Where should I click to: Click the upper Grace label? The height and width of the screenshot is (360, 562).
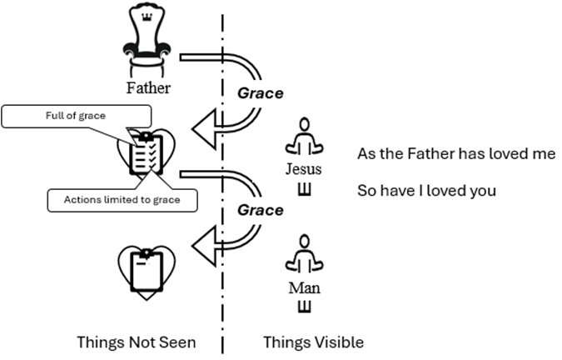pyautogui.click(x=261, y=93)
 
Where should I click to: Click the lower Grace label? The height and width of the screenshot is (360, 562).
pyautogui.click(x=261, y=210)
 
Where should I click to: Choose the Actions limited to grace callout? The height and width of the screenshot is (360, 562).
pyautogui.click(x=112, y=199)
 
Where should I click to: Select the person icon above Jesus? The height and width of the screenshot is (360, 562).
pyautogui.click(x=304, y=137)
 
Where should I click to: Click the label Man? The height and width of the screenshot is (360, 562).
pyautogui.click(x=304, y=288)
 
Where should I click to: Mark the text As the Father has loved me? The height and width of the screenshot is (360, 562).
pyautogui.click(x=455, y=155)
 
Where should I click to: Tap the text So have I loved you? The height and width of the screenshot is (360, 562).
pyautogui.click(x=426, y=191)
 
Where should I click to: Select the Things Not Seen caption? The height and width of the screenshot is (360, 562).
pyautogui.click(x=136, y=342)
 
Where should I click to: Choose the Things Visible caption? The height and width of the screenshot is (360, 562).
pyautogui.click(x=313, y=342)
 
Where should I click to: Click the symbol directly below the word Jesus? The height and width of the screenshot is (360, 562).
pyautogui.click(x=304, y=188)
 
